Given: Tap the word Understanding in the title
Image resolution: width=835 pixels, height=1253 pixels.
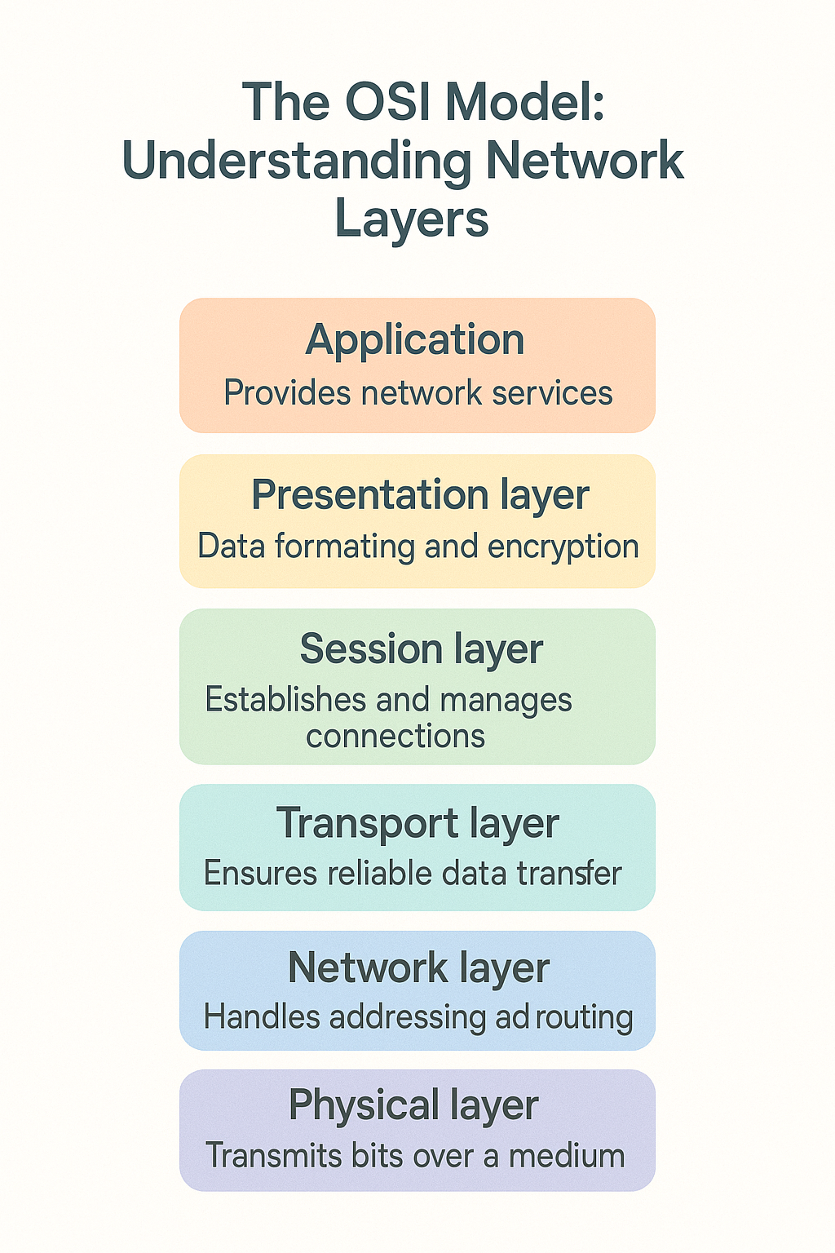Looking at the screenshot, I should (297, 161).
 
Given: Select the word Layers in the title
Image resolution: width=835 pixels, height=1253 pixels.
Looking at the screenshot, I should (412, 219).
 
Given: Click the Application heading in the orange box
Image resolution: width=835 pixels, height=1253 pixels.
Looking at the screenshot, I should (415, 340).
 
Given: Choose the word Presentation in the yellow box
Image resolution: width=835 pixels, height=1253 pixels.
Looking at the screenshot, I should (369, 495).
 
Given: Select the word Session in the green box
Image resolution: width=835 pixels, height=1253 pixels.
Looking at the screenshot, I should (371, 649).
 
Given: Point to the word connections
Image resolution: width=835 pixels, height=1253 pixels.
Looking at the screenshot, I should (395, 737).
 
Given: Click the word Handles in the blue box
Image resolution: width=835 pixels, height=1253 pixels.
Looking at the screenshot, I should (262, 1017).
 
